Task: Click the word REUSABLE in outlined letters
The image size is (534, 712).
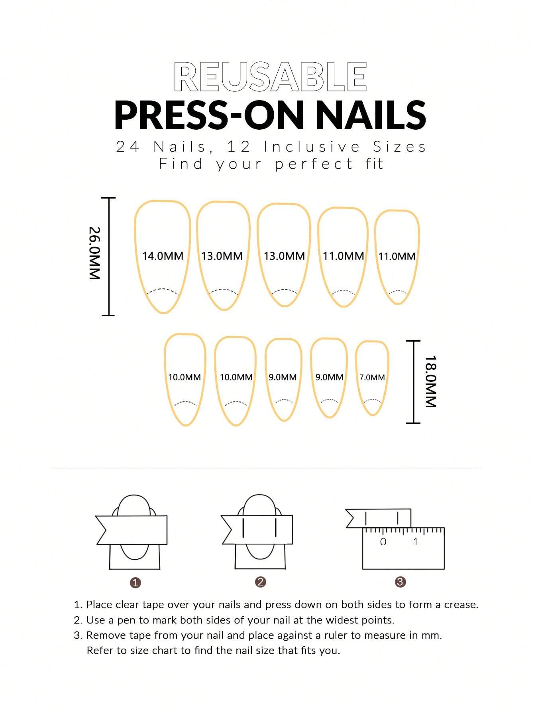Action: pos(270,77)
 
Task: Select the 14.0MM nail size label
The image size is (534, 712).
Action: pos(163,256)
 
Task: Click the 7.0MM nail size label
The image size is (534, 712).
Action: pos(372,377)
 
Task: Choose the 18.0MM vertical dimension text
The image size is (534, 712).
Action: pos(431,381)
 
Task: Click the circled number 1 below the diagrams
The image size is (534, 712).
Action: pos(135,583)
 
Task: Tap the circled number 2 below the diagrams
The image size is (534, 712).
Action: pos(260,582)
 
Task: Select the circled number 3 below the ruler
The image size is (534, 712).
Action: pos(400,582)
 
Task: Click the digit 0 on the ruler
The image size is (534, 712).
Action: pos(383,542)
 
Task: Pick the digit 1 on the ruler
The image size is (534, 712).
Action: pos(416,542)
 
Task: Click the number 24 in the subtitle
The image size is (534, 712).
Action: pos(128,147)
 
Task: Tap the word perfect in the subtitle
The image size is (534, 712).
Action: pos(314,164)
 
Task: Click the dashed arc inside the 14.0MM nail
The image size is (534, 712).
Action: pos(163,290)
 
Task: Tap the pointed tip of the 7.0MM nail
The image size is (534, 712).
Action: pos(372,415)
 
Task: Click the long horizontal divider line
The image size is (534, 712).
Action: pos(265,469)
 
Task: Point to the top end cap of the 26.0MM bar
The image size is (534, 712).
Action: pos(108,198)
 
